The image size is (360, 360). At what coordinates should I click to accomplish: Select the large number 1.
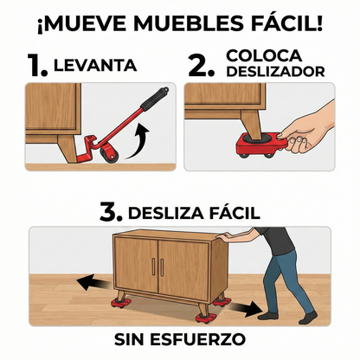35,65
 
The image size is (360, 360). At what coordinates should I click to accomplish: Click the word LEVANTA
95,66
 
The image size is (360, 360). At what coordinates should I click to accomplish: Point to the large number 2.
202,65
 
